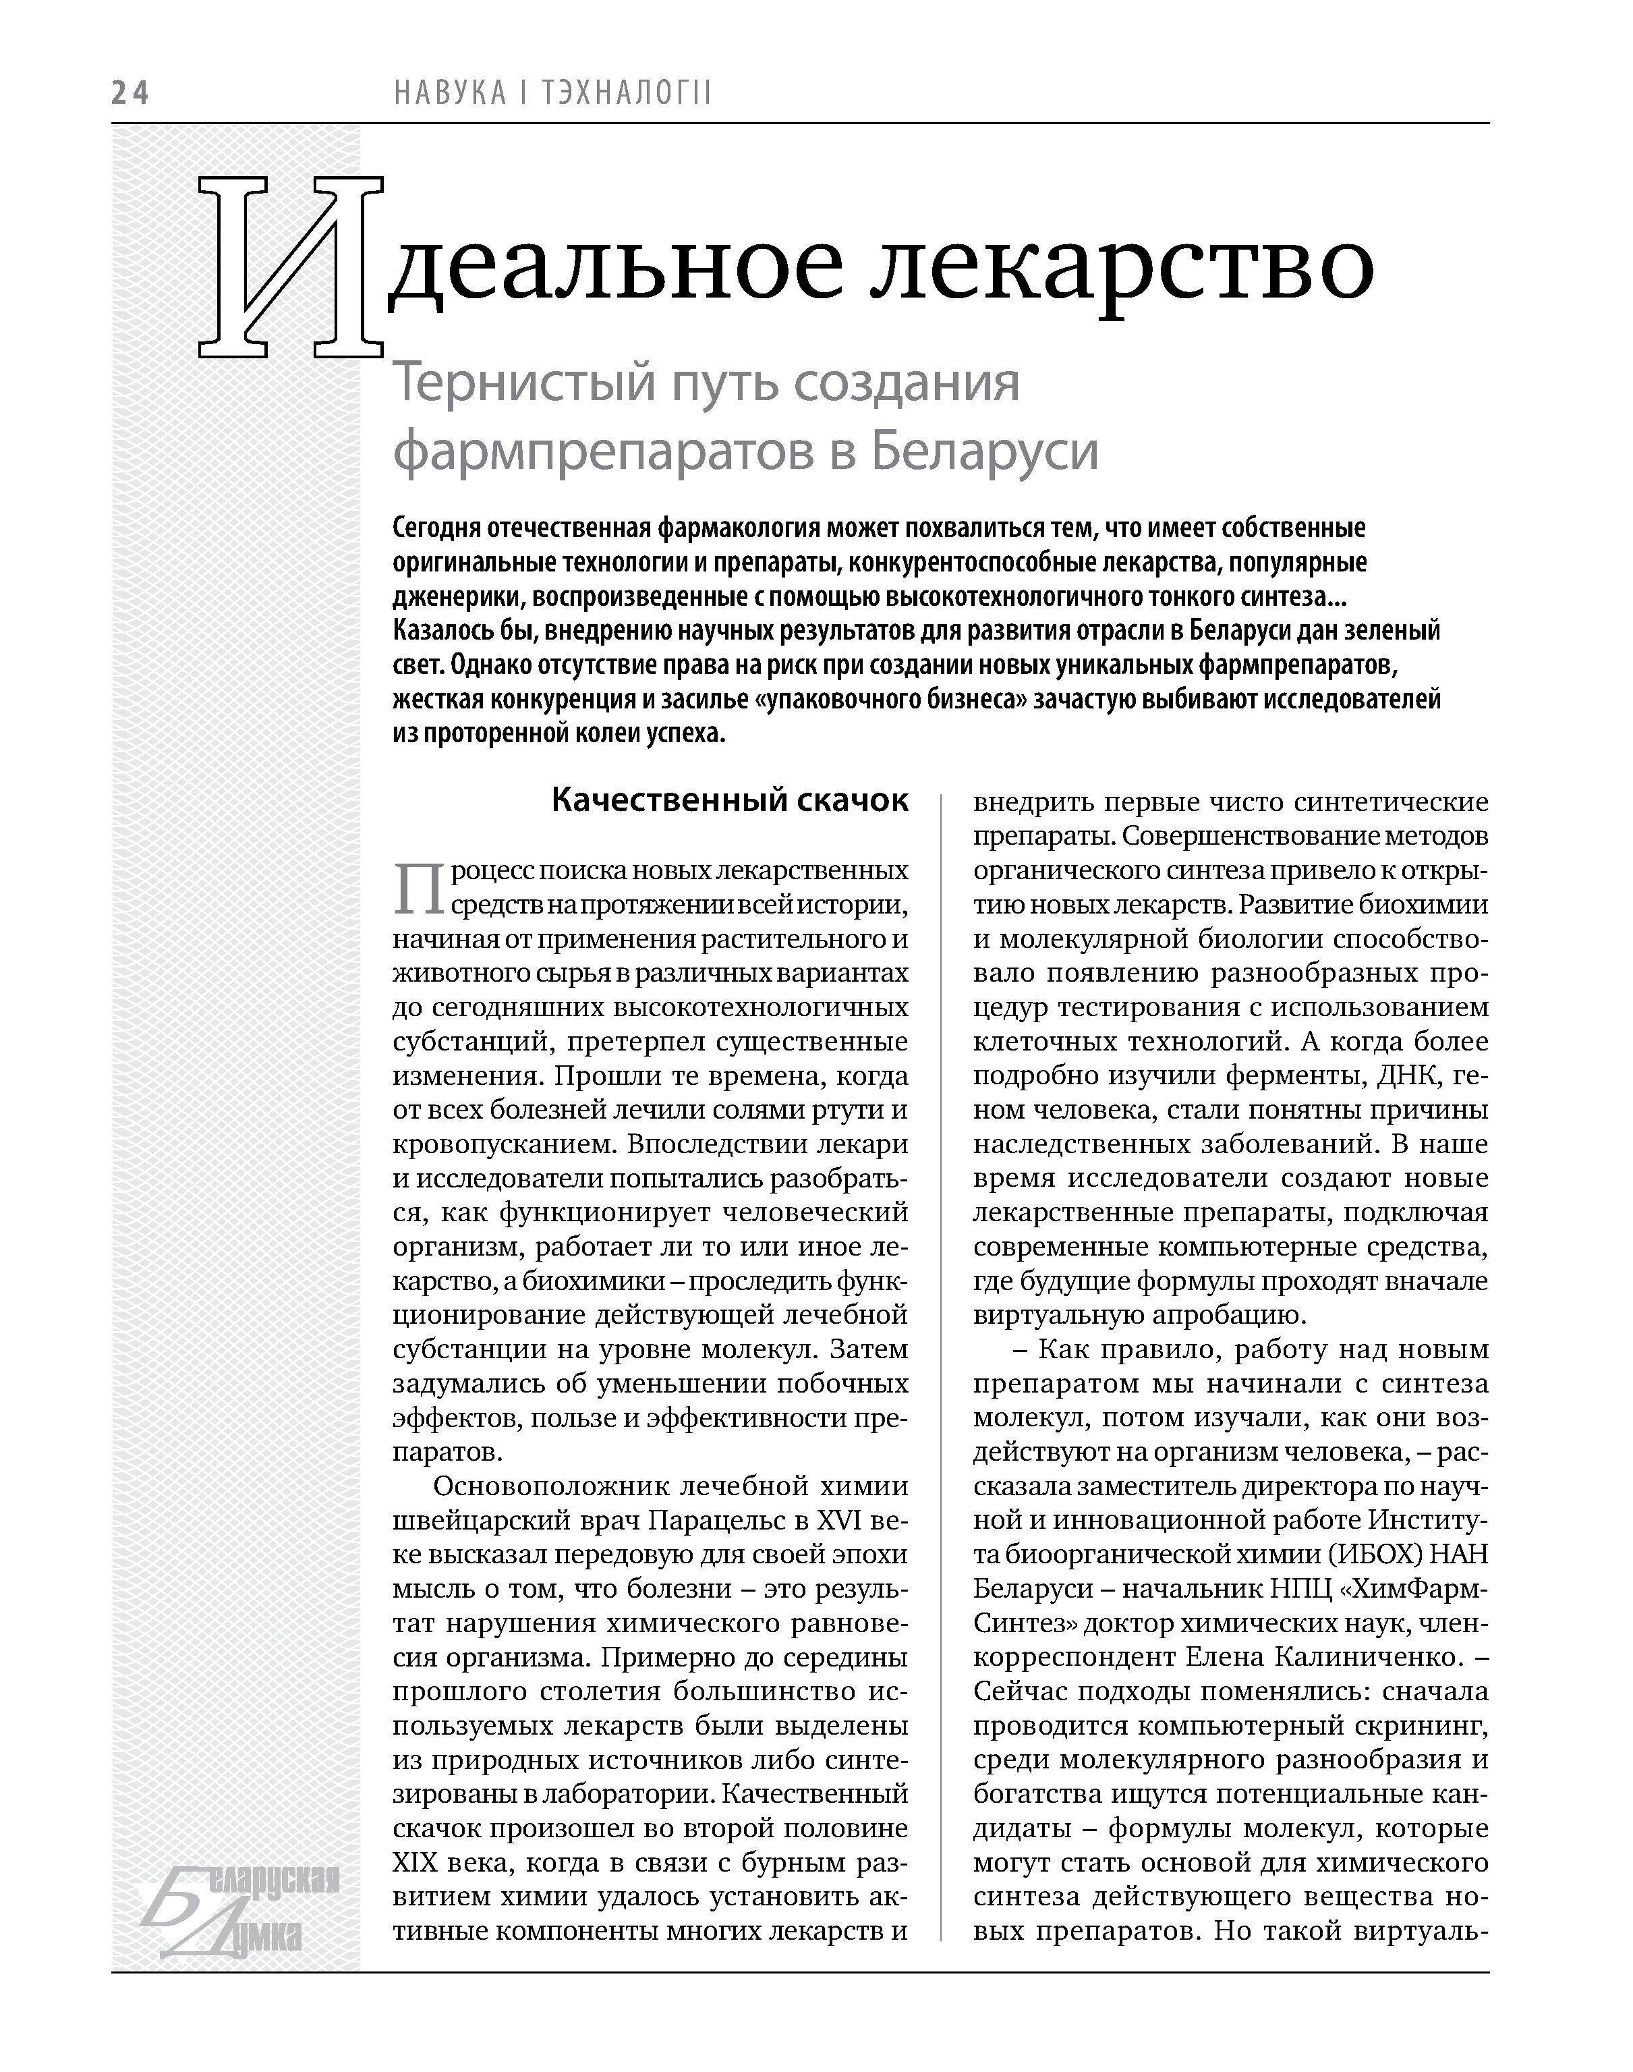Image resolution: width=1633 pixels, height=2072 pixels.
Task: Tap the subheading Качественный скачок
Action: pyautogui.click(x=730, y=800)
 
